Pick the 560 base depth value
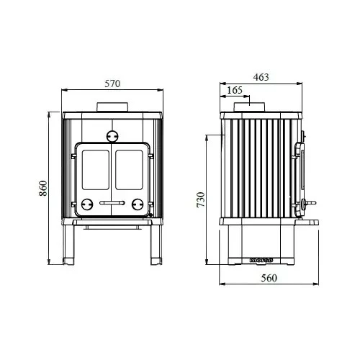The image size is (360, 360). click(x=267, y=277)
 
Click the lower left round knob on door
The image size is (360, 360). click(x=87, y=203)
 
